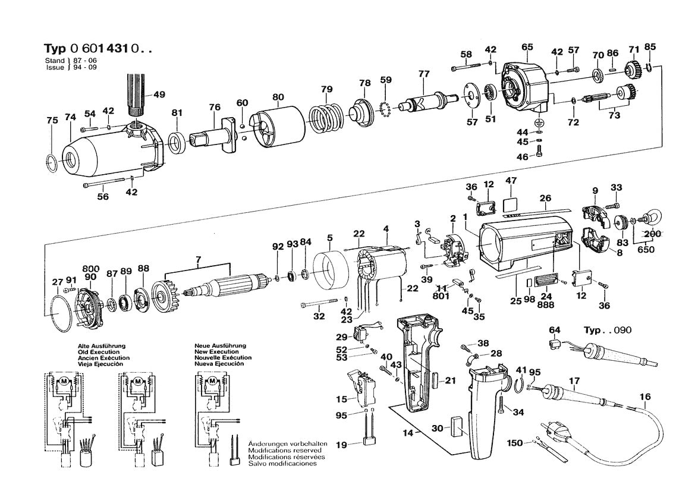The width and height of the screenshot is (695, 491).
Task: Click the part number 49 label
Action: (x=143, y=95)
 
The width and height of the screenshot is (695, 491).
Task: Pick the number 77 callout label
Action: (x=423, y=74)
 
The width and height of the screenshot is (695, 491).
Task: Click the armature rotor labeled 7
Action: (x=227, y=284)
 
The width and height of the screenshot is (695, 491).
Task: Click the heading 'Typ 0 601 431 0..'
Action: (x=98, y=49)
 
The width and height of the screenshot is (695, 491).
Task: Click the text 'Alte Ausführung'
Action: (x=102, y=345)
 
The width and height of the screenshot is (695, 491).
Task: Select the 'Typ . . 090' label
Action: (x=608, y=331)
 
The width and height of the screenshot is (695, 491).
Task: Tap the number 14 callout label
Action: (x=408, y=433)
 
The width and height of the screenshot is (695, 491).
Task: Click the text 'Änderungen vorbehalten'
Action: (x=282, y=445)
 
